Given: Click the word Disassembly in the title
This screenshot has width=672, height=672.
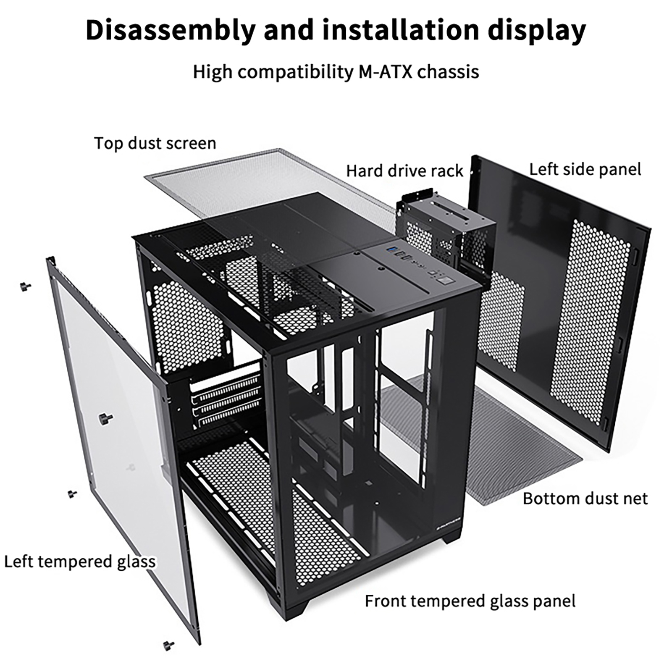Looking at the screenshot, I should [x=170, y=30].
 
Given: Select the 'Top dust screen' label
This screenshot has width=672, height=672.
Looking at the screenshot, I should [x=155, y=143].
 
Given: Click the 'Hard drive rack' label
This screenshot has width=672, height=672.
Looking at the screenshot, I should [x=404, y=171].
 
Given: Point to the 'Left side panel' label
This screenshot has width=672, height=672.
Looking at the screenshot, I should [x=585, y=169].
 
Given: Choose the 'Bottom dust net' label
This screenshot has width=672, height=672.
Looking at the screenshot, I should [x=585, y=499].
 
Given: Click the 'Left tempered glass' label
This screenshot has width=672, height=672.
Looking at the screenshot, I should [x=80, y=561].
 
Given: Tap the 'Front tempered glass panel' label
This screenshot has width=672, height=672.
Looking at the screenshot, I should [x=470, y=601].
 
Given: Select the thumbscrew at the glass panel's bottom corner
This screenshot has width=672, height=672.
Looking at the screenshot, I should [x=169, y=645].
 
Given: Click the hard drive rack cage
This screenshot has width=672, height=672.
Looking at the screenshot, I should [x=445, y=235].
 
